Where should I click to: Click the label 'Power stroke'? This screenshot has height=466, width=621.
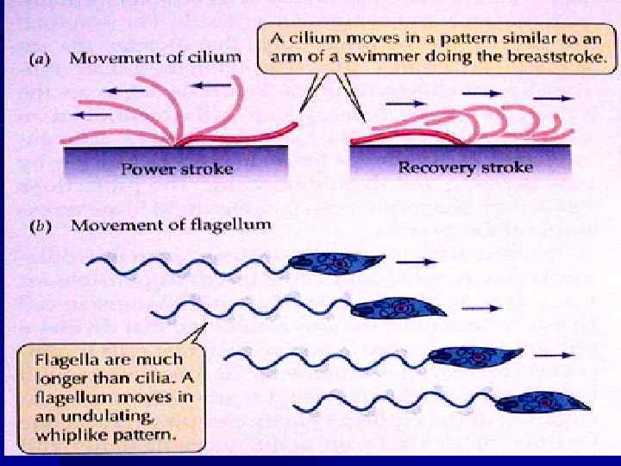pos(177,169)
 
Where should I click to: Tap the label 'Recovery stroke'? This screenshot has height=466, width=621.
pos(465,167)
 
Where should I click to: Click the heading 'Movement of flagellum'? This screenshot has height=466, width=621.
pos(171,225)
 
